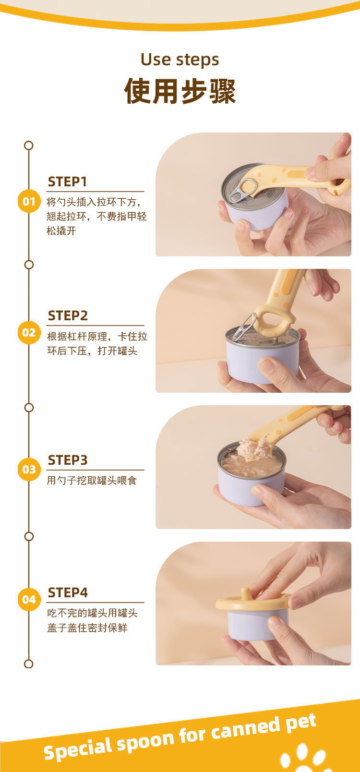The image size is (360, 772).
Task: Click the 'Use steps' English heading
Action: (180, 60)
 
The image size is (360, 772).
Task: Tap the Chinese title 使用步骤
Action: (180, 91)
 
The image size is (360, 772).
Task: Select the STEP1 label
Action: (67, 181)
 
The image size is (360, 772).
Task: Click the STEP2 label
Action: (68, 315)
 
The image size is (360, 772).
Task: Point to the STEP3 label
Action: (68, 460)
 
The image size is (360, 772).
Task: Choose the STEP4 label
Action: (68, 592)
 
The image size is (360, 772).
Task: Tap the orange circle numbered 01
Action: (29, 201)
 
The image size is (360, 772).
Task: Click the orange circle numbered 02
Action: (29, 333)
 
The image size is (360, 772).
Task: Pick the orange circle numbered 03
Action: (29, 470)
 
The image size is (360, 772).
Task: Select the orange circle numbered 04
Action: (29, 599)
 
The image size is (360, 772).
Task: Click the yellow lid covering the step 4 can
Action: (252, 602)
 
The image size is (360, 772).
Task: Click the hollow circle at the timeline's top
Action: (29, 145)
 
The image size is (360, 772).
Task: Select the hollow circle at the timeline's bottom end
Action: (29, 663)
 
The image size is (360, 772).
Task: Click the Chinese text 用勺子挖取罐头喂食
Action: (92, 480)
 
